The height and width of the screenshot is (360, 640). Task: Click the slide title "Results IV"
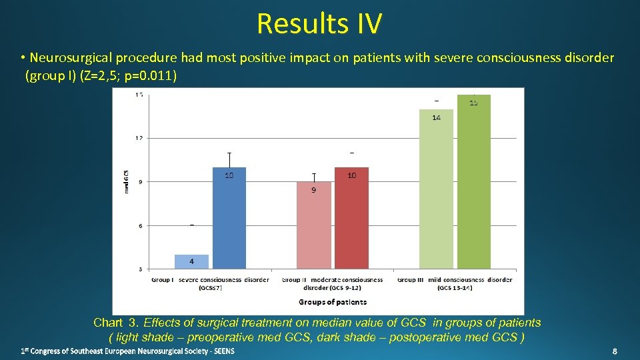coord(319,24)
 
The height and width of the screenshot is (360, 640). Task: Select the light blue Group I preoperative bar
coord(192,262)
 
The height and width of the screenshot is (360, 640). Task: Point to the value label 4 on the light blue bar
coord(192,261)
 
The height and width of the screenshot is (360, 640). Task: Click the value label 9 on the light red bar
coord(313,190)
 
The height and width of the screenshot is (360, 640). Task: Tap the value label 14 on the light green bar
coord(436,118)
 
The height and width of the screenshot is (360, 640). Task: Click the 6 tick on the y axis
coord(140,226)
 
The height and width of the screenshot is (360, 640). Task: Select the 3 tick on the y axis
coord(140,269)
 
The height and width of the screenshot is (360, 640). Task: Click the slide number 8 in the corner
coord(615,351)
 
